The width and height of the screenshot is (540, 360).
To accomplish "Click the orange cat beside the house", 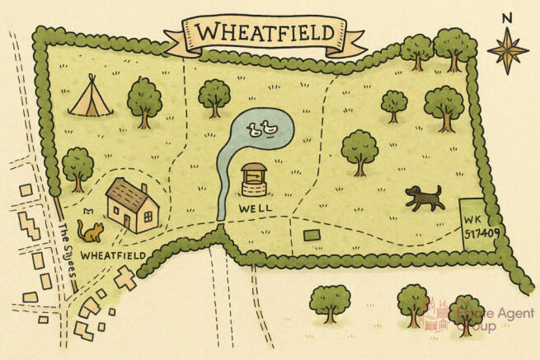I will [x=90, y=229].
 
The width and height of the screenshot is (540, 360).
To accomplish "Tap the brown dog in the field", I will [x=423, y=197].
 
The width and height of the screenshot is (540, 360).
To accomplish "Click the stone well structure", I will [x=254, y=179].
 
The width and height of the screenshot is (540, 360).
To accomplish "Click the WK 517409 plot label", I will [x=474, y=227].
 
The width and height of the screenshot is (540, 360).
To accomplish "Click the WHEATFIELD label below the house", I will [x=113, y=256].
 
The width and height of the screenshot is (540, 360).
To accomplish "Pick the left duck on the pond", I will [x=253, y=128].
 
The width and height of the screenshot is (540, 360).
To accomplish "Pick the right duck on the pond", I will [x=268, y=128].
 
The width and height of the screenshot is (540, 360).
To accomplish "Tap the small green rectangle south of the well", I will [x=312, y=236].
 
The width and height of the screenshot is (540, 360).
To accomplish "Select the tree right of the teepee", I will [x=144, y=100].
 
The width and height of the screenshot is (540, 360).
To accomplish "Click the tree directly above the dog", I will [x=359, y=150].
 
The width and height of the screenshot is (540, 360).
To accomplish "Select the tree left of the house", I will [x=77, y=166].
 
